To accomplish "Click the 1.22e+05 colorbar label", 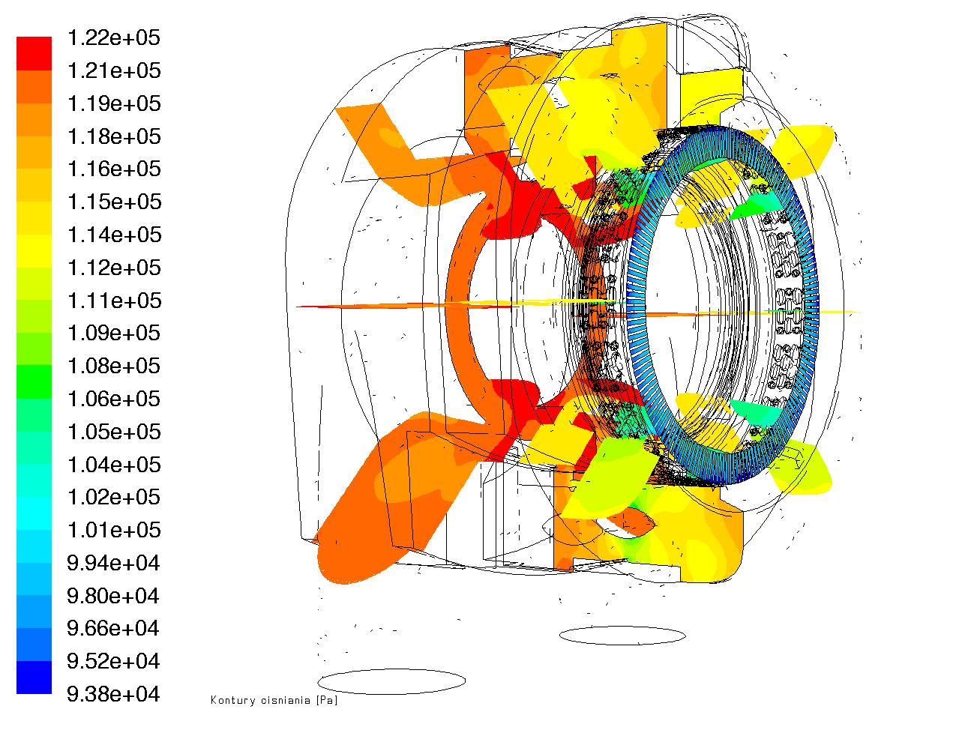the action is [x=114, y=37].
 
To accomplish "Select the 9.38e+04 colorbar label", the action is [x=113, y=694].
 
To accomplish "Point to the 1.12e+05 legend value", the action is [x=114, y=268].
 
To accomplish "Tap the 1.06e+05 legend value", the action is [x=114, y=399].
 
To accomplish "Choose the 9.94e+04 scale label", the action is [x=113, y=563].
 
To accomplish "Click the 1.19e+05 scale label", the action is [x=114, y=103].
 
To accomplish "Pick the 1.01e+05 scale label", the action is [x=114, y=530].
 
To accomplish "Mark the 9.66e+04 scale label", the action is [x=113, y=628].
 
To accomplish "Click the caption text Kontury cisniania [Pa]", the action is [x=274, y=700].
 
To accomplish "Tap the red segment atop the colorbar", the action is [x=34, y=54].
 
